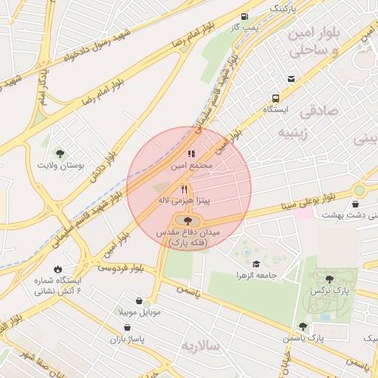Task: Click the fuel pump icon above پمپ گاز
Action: (244, 16)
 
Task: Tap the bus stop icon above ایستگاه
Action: (275, 98)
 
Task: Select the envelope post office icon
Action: (291, 79)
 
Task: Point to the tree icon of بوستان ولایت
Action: (60, 154)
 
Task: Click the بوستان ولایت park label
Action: (61, 165)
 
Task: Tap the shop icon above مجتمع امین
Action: (191, 154)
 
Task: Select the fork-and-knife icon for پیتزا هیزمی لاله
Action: (184, 189)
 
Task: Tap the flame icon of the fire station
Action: (57, 269)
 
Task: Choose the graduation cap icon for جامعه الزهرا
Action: (256, 264)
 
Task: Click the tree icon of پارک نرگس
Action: (329, 279)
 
